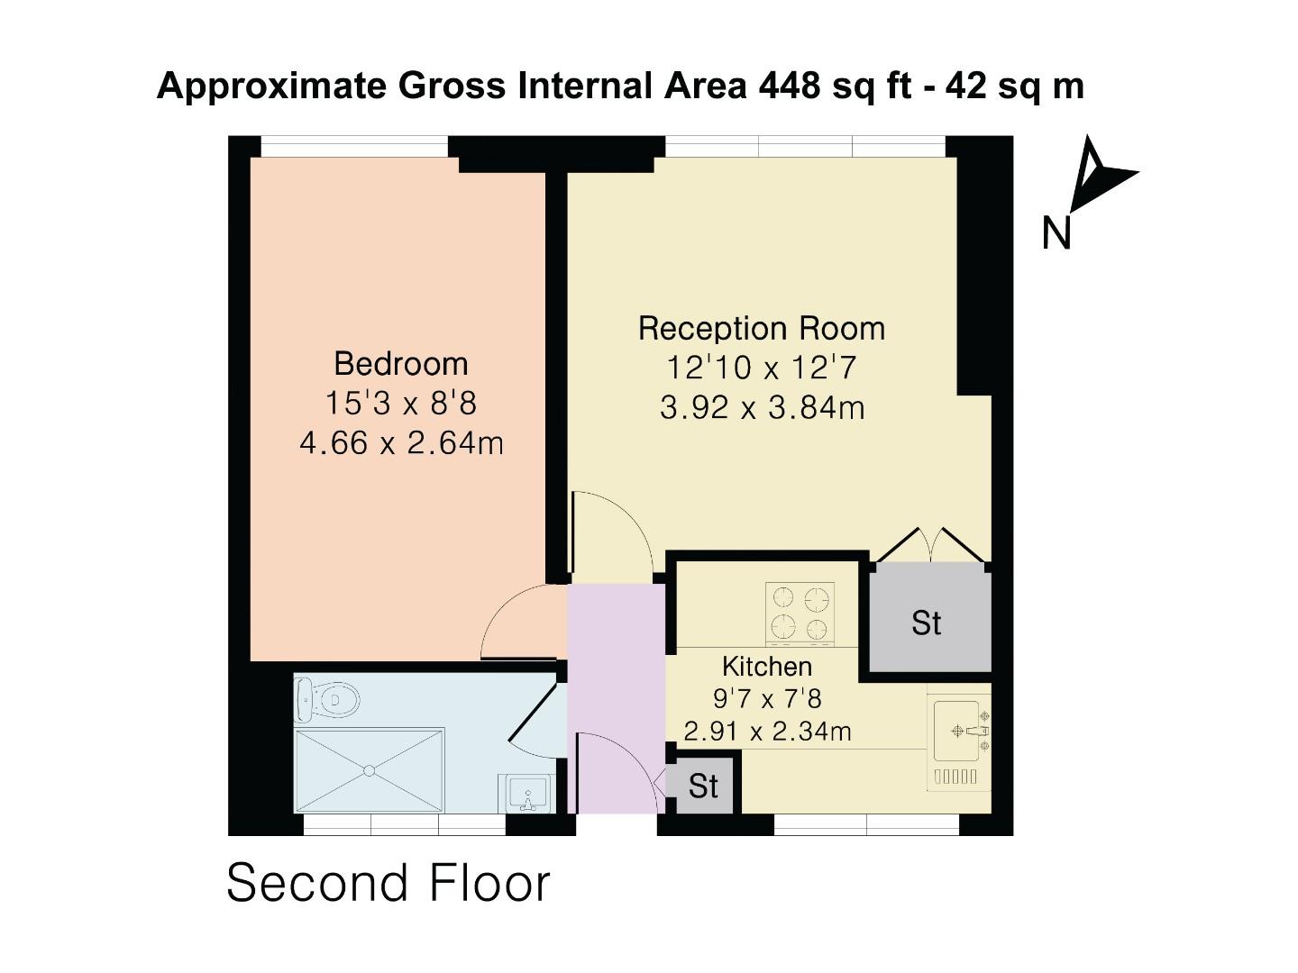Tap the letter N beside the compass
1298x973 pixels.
coord(1056,232)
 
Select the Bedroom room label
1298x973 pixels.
coord(401,363)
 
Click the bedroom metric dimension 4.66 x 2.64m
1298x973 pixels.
coord(401,443)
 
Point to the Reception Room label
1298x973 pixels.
coord(762,328)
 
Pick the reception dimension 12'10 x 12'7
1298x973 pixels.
coord(762,368)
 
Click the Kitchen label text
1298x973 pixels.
coord(767,667)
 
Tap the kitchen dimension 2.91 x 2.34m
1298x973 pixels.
coord(767,731)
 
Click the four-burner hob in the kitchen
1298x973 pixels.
coord(800,613)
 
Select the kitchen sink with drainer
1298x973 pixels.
coord(959,743)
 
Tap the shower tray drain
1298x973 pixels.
coord(369,770)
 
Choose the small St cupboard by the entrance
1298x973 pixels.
coord(703,787)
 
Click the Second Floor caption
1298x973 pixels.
coord(388,883)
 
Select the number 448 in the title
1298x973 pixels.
coord(790,86)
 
